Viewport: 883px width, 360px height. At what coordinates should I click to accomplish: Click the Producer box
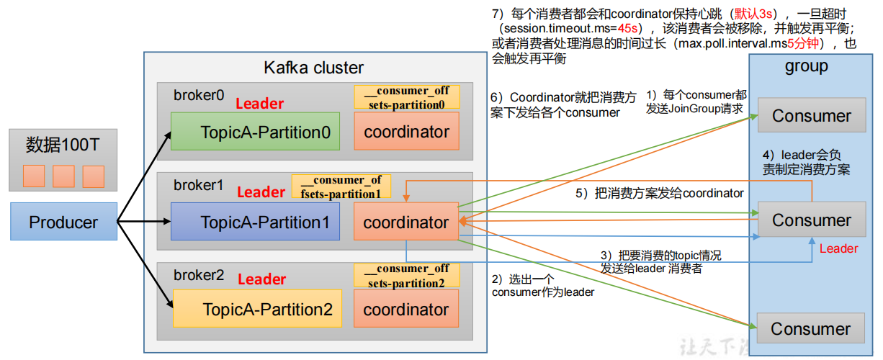pyautogui.click(x=63, y=222)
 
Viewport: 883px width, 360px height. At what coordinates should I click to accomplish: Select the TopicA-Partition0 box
pyautogui.click(x=255, y=132)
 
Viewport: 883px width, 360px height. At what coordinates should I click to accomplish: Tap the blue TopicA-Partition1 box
pyautogui.click(x=255, y=222)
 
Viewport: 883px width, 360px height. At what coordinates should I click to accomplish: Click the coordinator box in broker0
pyautogui.click(x=406, y=132)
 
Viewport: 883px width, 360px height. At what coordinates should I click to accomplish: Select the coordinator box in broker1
pyautogui.click(x=406, y=222)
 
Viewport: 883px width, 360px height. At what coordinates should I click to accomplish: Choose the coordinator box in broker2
pyautogui.click(x=406, y=310)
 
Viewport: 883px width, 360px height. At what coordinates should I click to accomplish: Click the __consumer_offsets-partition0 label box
pyautogui.click(x=407, y=97)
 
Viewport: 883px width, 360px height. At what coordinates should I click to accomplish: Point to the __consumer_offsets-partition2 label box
pyautogui.click(x=407, y=276)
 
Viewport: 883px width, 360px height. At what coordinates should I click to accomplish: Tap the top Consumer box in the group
pyautogui.click(x=811, y=116)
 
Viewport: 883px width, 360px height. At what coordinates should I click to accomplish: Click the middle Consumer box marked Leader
pyautogui.click(x=811, y=220)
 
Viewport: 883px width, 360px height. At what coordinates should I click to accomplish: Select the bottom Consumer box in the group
pyautogui.click(x=810, y=329)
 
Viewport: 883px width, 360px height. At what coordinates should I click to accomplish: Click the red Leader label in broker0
pyautogui.click(x=260, y=104)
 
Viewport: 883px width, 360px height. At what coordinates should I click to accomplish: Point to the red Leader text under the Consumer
pyautogui.click(x=838, y=249)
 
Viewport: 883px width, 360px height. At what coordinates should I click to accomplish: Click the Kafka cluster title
pyautogui.click(x=313, y=68)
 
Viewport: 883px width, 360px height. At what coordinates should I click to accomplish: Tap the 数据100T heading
pyautogui.click(x=63, y=145)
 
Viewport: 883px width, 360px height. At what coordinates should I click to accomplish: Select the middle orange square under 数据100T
pyautogui.click(x=63, y=176)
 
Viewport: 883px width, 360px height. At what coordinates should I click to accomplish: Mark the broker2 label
pyautogui.click(x=199, y=276)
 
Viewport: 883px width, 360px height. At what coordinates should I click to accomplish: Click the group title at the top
pyautogui.click(x=806, y=66)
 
